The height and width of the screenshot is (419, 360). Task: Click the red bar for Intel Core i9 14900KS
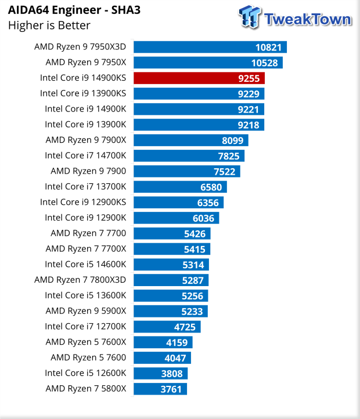[x=199, y=78]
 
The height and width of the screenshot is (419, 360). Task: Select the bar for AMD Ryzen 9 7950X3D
[x=210, y=47]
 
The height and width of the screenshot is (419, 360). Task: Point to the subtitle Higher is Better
[x=49, y=25]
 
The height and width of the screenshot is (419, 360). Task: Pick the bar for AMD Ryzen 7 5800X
[x=160, y=388]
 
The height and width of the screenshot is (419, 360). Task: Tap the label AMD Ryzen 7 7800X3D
[x=84, y=280]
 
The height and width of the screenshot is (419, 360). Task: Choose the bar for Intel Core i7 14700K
[x=189, y=156]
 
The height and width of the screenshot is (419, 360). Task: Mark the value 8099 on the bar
[x=232, y=140]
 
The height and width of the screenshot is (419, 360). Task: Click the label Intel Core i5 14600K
[x=89, y=264]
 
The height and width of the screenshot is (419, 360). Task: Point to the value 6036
[x=203, y=218]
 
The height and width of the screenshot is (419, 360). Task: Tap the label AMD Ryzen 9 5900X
[x=89, y=311]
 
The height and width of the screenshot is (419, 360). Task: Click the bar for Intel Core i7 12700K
[x=167, y=326]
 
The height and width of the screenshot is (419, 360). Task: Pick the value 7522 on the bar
[x=224, y=171]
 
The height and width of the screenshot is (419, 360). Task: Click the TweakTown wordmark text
[x=307, y=19]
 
